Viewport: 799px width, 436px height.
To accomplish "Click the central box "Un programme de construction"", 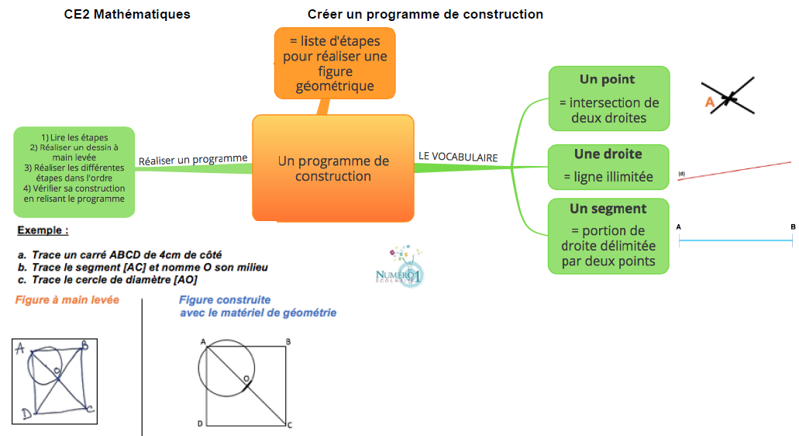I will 333,168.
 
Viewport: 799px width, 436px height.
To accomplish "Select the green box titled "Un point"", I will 609,99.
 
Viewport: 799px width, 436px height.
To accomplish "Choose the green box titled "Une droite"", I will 608,166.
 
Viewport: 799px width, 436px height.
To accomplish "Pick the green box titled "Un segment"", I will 608,236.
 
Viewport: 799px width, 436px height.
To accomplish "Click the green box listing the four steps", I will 74,171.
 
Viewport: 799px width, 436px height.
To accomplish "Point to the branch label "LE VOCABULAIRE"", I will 458,157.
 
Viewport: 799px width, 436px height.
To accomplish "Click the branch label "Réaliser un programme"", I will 193,159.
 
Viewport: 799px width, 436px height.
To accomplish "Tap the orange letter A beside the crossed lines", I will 708,102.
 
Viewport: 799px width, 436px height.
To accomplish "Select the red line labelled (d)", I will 736,171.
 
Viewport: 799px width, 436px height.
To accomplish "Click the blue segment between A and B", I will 735,242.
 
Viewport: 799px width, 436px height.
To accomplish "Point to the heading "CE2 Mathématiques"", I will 127,15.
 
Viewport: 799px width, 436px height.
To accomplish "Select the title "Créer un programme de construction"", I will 425,15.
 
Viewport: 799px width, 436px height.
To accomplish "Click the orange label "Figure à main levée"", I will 67,300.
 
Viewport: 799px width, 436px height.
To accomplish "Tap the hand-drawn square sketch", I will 54,381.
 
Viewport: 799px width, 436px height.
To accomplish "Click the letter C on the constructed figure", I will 289,424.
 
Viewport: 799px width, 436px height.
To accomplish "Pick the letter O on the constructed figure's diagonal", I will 246,378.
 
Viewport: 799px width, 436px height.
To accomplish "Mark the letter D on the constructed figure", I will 200,424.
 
